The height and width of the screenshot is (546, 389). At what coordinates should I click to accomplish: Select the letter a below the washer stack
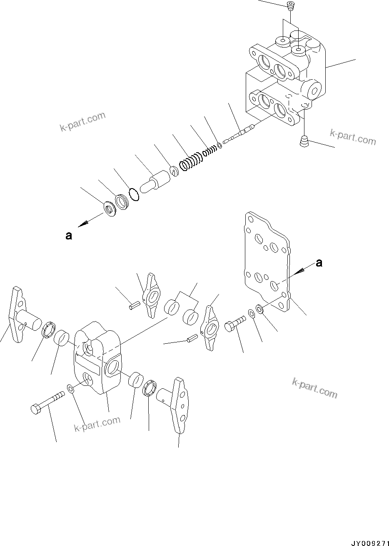(68, 236)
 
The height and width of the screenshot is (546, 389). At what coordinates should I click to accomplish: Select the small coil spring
(209, 149)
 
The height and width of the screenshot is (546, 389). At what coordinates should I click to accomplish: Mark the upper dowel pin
(132, 307)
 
